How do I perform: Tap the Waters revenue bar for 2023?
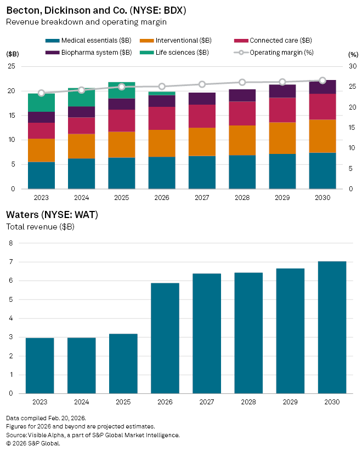pos(39,365)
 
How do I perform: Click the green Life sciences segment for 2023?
pos(41,102)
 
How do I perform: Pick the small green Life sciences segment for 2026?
pos(162,94)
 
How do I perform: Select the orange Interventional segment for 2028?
pos(242,140)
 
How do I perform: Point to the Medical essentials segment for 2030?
pos(323,170)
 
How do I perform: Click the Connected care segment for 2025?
pos(122,121)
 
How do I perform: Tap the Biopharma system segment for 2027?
pos(202,99)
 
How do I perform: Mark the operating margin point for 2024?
pos(82,90)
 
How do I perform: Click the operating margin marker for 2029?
pos(282,82)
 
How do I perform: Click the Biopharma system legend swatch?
pos(52,53)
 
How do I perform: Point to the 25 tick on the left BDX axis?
pos(11,66)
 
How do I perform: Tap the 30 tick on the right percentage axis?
pos(352,66)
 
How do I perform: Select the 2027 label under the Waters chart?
pos(207,402)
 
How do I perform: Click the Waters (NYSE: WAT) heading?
pos(52,215)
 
